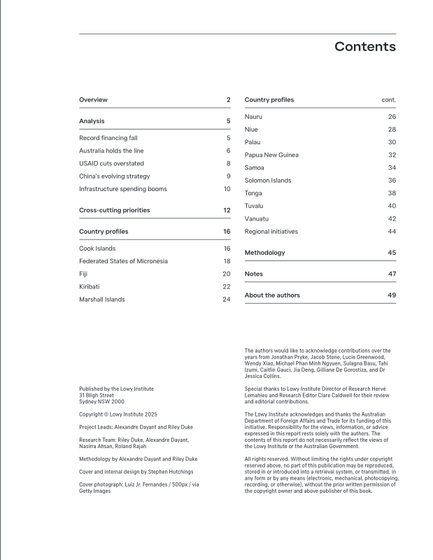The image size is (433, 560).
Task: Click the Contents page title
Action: pos(364,47)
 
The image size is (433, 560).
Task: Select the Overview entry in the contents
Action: pos(93,100)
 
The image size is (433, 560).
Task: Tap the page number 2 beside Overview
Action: pos(228,100)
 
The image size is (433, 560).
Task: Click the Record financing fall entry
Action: pos(108,139)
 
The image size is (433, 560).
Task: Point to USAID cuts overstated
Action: pos(111,164)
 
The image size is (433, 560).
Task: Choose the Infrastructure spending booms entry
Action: pos(122,189)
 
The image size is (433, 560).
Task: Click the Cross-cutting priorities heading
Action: pos(114,210)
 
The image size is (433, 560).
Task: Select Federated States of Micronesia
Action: pos(123,261)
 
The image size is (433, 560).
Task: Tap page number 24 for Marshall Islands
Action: pos(226,300)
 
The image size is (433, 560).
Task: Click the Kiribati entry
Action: pos(90,287)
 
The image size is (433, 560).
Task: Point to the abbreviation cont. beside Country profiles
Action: pos(388,100)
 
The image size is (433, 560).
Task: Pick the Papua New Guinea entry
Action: pos(271,155)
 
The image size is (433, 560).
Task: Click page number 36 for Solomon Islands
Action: pos(392,181)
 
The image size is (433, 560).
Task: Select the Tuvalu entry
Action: pos(254,206)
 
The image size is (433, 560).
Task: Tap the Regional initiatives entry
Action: pos(271,232)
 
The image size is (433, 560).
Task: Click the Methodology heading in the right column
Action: pos(264,253)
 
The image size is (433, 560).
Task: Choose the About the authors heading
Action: pos(272,295)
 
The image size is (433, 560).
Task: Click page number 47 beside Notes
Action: pos(392,274)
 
